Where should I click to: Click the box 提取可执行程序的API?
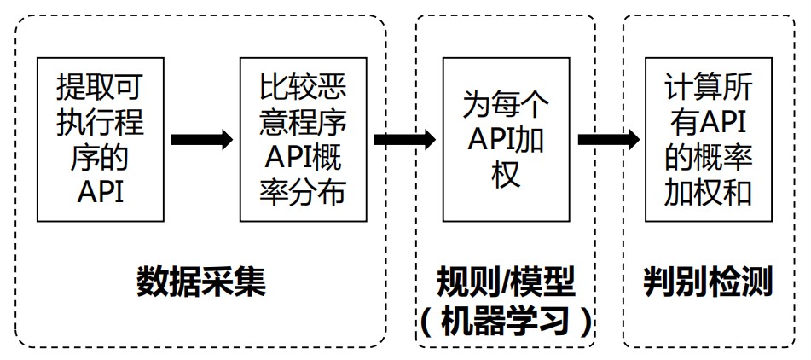[x=101, y=139]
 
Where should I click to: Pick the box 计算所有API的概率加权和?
[x=710, y=139]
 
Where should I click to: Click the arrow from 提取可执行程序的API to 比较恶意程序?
[x=202, y=139]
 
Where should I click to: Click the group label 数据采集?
[x=201, y=282]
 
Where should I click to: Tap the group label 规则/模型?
[x=505, y=281]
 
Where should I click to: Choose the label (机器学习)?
[x=505, y=322]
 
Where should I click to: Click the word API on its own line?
[x=101, y=192]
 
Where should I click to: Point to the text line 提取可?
[x=101, y=86]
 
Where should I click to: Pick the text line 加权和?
[x=710, y=192]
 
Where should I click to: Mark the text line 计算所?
[x=710, y=86]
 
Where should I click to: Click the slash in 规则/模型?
[x=504, y=281]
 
